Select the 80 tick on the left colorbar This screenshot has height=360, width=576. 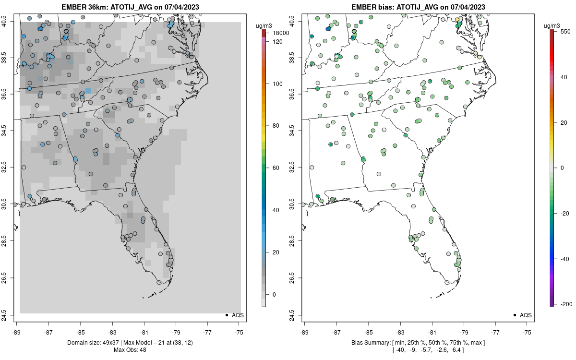pos(276,126)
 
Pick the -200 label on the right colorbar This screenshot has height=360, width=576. pos(565,304)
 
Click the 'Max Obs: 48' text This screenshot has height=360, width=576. pos(130,349)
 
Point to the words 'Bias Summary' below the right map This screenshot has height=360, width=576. pos(371,342)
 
